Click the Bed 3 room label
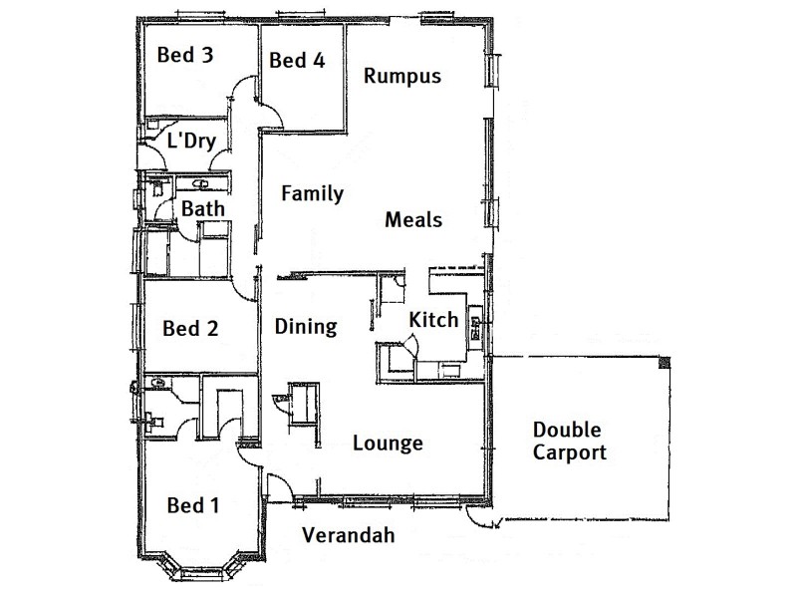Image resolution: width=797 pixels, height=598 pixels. (x=185, y=55)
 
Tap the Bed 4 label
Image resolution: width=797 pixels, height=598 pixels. (x=297, y=61)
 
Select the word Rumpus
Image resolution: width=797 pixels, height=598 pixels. (x=401, y=76)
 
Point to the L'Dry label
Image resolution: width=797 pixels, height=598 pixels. (x=191, y=141)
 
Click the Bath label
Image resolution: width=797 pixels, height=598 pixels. (x=202, y=209)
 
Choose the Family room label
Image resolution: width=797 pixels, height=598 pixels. (x=312, y=193)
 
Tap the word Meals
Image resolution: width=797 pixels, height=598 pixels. (x=413, y=219)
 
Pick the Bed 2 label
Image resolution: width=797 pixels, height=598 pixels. (x=190, y=328)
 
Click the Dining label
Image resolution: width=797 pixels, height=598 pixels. (x=306, y=326)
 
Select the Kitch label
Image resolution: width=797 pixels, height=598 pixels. (x=434, y=320)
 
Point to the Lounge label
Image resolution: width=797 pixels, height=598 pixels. (x=389, y=444)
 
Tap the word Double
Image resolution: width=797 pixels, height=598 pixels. (x=567, y=431)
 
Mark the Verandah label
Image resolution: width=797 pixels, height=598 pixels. (x=348, y=535)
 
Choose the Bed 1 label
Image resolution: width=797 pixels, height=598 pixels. (x=192, y=505)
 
